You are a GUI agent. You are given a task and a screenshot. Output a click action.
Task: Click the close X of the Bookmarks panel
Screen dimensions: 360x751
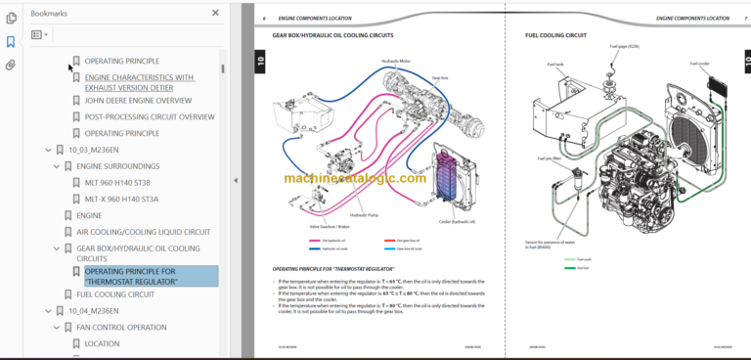(x=216, y=14)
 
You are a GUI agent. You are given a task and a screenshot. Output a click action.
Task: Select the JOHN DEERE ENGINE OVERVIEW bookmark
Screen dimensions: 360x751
(x=137, y=100)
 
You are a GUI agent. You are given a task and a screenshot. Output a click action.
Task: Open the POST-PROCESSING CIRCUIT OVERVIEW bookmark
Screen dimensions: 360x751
(x=149, y=116)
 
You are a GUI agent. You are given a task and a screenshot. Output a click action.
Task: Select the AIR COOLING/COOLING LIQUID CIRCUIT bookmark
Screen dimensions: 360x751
(x=143, y=232)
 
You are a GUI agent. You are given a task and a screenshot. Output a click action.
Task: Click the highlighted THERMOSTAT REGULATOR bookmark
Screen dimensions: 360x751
(x=143, y=277)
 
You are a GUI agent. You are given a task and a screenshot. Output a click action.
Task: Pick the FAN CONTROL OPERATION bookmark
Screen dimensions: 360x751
(x=121, y=327)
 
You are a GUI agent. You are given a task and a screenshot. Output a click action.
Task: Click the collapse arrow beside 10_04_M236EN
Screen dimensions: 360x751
(x=48, y=310)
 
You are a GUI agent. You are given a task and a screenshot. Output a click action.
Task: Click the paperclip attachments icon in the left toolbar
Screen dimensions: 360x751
(x=11, y=66)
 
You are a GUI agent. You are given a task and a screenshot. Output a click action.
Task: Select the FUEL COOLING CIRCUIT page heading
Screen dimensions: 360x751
(x=555, y=36)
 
